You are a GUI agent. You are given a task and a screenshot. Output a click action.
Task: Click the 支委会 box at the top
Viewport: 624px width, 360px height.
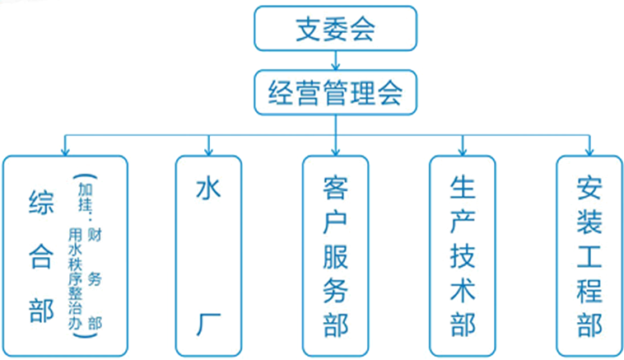pyautogui.click(x=336, y=28)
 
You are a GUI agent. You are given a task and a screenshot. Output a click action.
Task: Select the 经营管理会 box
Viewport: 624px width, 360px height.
pyautogui.click(x=336, y=92)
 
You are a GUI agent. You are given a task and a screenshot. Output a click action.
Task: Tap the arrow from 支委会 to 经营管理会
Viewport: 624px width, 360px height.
pyautogui.click(x=336, y=60)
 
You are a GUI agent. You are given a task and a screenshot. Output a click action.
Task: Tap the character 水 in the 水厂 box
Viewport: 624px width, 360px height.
pyautogui.click(x=208, y=189)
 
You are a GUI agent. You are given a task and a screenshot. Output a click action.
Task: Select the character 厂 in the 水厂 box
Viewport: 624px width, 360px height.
pyautogui.click(x=208, y=325)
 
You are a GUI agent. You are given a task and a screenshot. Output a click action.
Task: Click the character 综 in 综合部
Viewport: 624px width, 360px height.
pyautogui.click(x=41, y=203)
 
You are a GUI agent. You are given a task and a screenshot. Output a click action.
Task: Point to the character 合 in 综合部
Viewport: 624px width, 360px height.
pyautogui.click(x=41, y=257)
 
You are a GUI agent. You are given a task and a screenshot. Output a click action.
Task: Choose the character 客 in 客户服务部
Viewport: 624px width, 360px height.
pyautogui.click(x=336, y=188)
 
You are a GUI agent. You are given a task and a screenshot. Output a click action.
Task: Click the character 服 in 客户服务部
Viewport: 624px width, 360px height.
pyautogui.click(x=336, y=257)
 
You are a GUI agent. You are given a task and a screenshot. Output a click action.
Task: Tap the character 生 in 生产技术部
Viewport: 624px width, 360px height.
pyautogui.click(x=463, y=188)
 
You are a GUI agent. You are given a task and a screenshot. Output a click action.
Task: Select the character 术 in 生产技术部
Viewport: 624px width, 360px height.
pyautogui.click(x=463, y=291)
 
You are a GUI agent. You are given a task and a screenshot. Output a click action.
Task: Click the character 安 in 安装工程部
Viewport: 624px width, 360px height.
pyautogui.click(x=589, y=188)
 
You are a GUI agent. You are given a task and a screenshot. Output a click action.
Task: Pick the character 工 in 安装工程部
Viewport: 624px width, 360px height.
pyautogui.click(x=589, y=257)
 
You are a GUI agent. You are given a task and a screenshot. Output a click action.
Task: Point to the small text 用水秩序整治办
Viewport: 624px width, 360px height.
pyautogui.click(x=75, y=278)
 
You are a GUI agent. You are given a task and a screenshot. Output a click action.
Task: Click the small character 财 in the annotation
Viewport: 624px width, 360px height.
pyautogui.click(x=95, y=235)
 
